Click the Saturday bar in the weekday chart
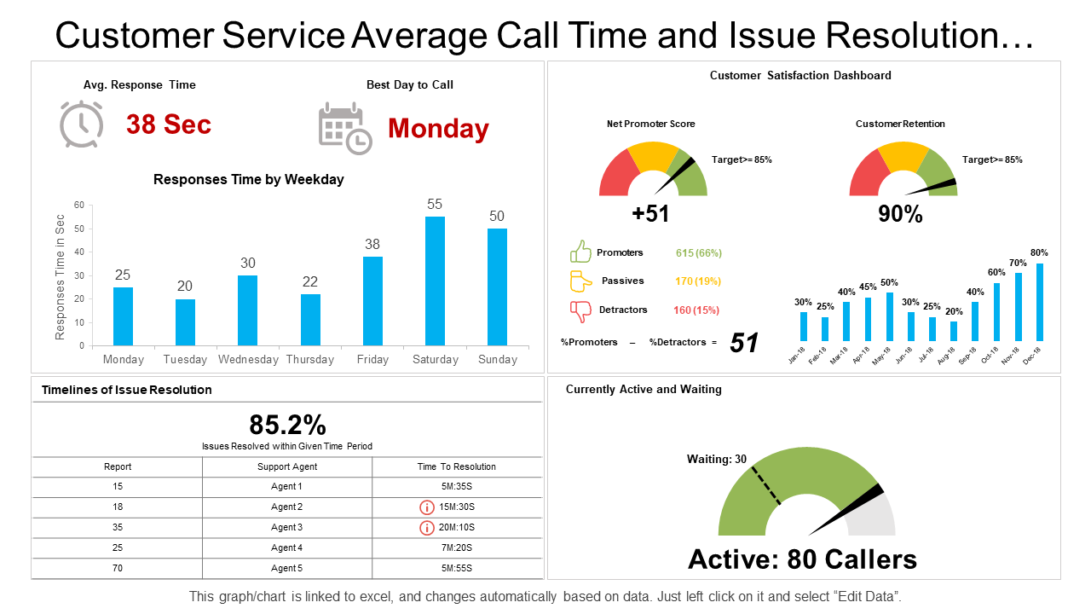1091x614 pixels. coord(435,281)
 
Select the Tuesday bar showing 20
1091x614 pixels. coord(185,322)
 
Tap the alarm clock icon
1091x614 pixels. coord(82,124)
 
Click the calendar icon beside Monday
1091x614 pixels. coord(344,128)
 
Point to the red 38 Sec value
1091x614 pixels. coord(169,125)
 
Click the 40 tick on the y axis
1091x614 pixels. coord(79,252)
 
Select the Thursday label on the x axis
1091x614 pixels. coord(310,360)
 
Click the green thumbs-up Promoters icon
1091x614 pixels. coord(581,252)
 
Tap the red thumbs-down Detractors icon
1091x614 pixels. coord(581,311)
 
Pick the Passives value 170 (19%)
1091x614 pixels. coord(696,281)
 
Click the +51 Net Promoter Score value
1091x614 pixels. coord(651,214)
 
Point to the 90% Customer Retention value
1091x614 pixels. coord(901,215)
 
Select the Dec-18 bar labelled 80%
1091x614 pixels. coord(1040,303)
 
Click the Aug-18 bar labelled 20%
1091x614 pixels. coord(954,331)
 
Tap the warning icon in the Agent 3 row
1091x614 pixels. coord(427,528)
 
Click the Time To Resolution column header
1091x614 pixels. coord(457,467)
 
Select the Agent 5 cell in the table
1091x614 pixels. coord(286,569)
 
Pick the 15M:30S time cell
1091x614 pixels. coord(457,507)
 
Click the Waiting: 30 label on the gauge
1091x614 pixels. coord(717,460)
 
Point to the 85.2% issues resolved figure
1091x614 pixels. coord(287,425)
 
